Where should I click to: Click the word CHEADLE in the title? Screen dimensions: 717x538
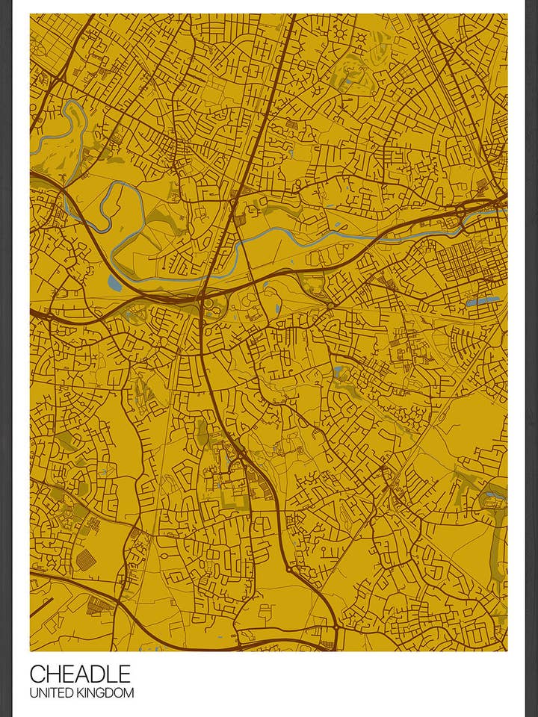pyautogui.click(x=80, y=674)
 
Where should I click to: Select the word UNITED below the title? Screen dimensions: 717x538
pyautogui.click(x=52, y=693)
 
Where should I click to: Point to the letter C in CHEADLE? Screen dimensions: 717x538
pyautogui.click(x=37, y=674)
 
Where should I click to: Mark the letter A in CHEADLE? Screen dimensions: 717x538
pyautogui.click(x=81, y=674)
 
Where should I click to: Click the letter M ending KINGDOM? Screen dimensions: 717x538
pyautogui.click(x=129, y=693)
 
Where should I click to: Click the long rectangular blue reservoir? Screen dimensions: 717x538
pyautogui.click(x=483, y=301)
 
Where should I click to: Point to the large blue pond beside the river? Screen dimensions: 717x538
pyautogui.click(x=114, y=282)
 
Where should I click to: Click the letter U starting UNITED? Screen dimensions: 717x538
pyautogui.click(x=34, y=693)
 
